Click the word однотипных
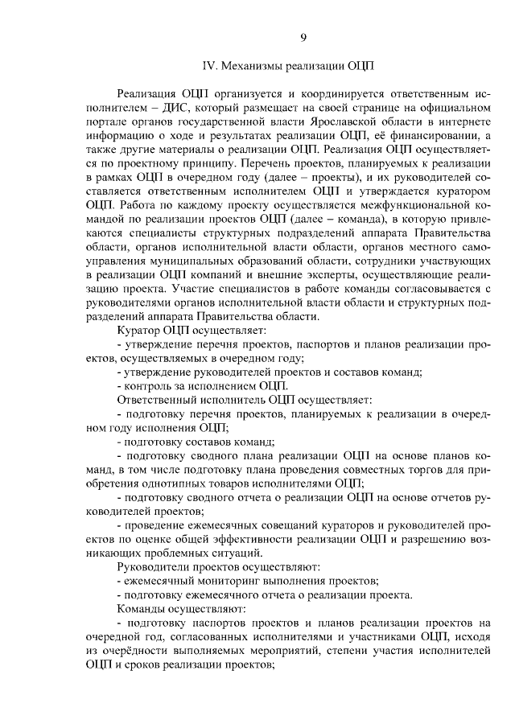tap(179, 483)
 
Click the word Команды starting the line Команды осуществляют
tap(141, 609)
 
